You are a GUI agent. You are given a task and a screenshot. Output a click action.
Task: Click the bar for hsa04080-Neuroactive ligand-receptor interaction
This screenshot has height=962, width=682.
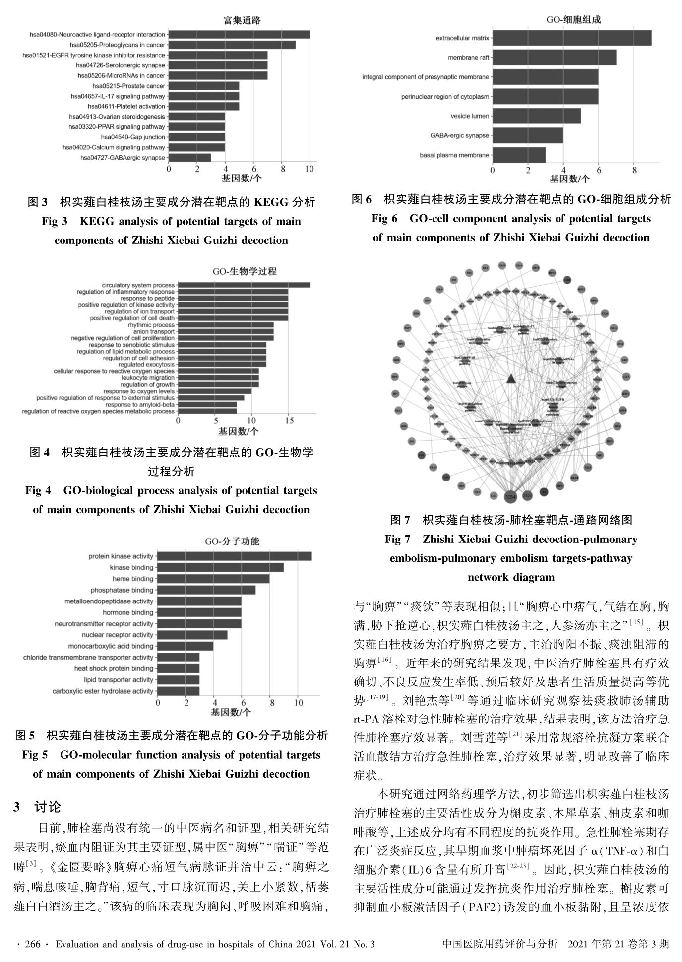click(x=239, y=35)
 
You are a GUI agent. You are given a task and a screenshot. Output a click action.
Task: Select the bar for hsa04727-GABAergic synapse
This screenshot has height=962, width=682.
click(x=190, y=158)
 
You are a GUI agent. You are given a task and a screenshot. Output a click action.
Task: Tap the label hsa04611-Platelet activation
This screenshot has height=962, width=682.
click(x=126, y=106)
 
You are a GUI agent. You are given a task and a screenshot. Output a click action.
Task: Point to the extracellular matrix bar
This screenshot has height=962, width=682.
click(x=572, y=38)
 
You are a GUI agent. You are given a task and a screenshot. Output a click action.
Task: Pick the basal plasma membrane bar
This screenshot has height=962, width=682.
click(x=519, y=155)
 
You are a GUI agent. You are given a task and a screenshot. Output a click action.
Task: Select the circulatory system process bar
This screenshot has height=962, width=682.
click(x=244, y=285)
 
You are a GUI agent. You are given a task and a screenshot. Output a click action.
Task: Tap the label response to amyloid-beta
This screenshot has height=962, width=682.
click(x=140, y=404)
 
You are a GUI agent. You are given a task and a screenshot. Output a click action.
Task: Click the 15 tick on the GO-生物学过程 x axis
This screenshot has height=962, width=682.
click(x=289, y=421)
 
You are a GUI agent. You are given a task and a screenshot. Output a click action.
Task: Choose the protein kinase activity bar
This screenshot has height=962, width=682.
click(x=235, y=556)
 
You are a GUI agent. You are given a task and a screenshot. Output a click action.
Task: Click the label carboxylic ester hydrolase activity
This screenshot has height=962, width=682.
click(x=103, y=691)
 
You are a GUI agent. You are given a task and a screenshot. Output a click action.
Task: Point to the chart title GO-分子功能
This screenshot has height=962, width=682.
click(x=232, y=541)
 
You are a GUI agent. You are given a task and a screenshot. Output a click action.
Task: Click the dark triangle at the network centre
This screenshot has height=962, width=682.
click(x=511, y=379)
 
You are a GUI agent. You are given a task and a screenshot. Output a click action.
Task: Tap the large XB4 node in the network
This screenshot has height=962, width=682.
click(x=510, y=496)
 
